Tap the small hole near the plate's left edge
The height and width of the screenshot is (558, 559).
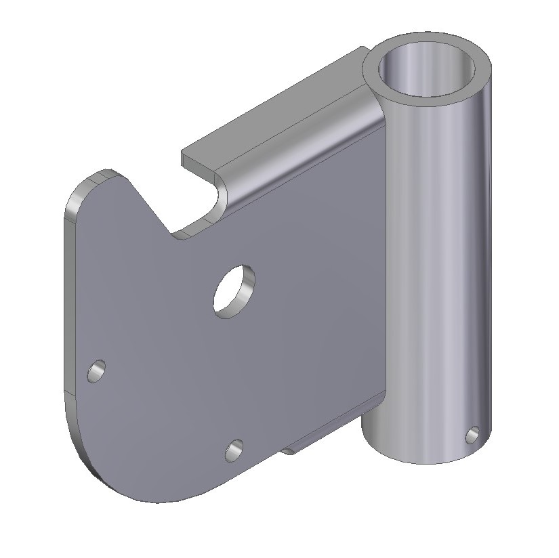tap(97, 370)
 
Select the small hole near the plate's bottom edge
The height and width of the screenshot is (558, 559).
tap(234, 450)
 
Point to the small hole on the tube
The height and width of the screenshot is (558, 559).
tap(473, 434)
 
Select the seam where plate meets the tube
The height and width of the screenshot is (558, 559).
tap(382, 271)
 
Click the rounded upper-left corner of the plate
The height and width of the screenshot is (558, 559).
tap(81, 190)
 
